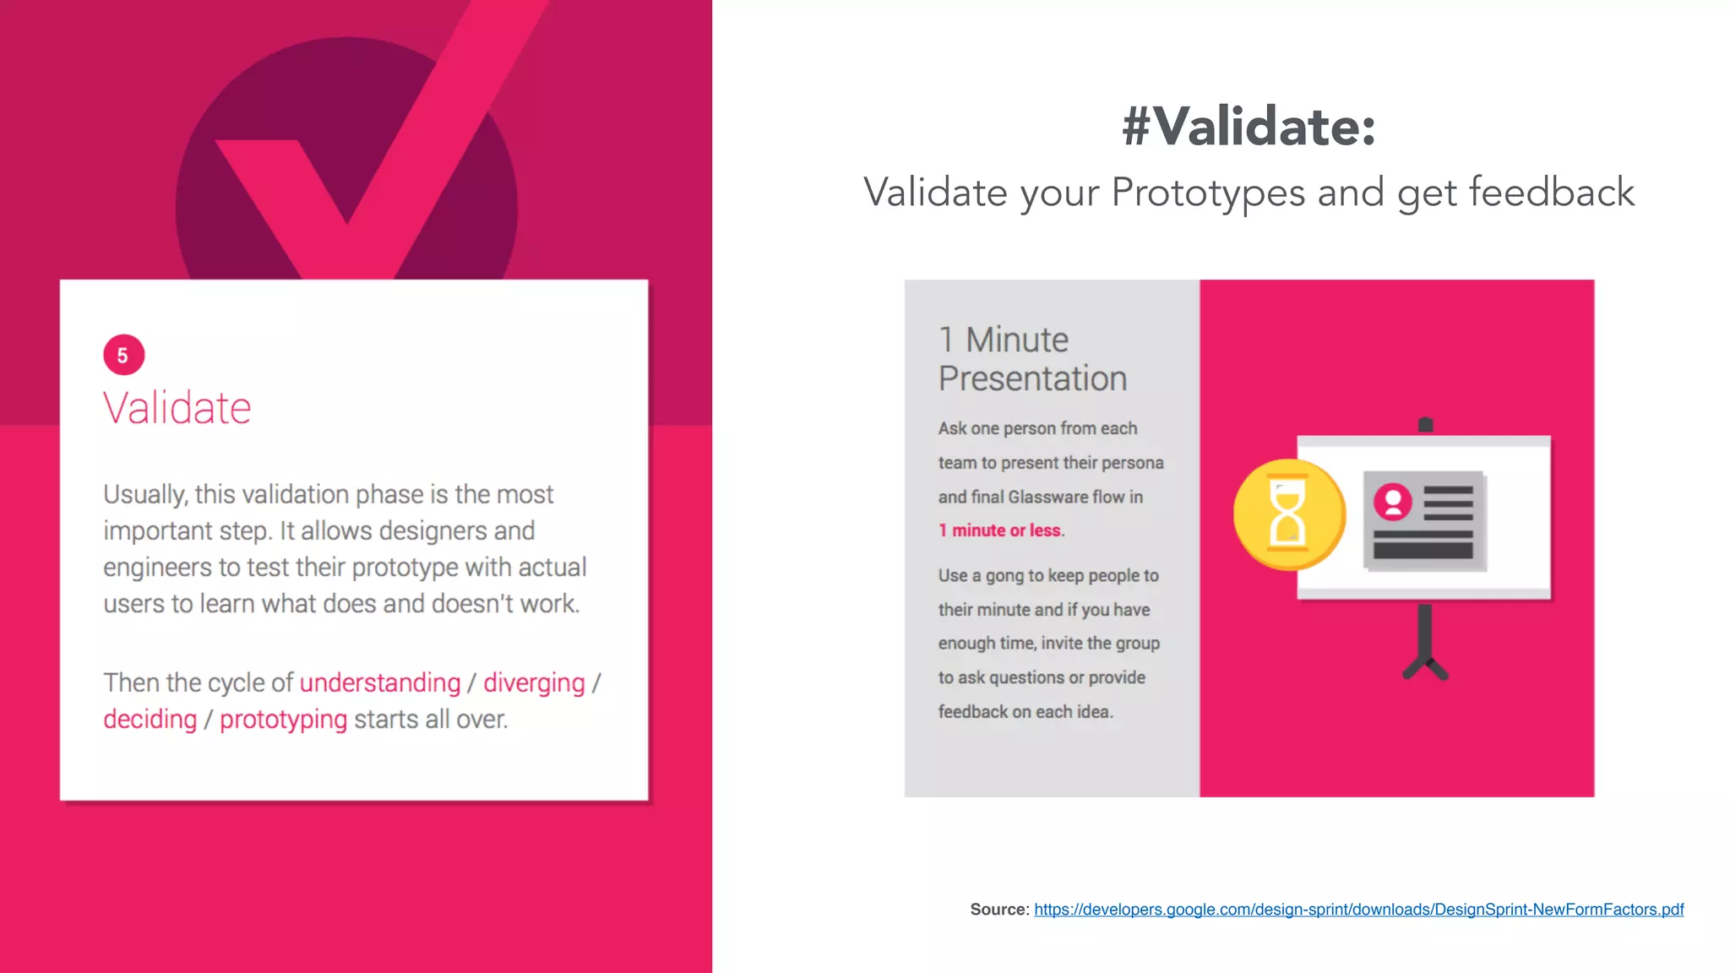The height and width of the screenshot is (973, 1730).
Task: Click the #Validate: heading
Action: click(x=1249, y=127)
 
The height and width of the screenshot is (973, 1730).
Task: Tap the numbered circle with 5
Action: click(x=123, y=355)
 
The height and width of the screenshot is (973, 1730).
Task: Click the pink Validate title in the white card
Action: click(x=177, y=408)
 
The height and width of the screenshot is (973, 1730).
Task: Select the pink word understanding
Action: click(x=380, y=682)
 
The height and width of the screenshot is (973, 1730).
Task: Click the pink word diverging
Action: click(x=534, y=682)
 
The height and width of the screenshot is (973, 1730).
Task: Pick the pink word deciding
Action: click(x=150, y=719)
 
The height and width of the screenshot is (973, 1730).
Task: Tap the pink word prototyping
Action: click(x=283, y=719)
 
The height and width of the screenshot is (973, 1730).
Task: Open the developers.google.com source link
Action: click(x=1358, y=910)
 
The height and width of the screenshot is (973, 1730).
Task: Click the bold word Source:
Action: click(x=999, y=910)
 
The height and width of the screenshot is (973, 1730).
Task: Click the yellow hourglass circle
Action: click(x=1288, y=514)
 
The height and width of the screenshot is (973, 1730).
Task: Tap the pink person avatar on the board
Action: click(x=1392, y=502)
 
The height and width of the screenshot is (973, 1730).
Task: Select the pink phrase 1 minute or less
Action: click(x=1001, y=530)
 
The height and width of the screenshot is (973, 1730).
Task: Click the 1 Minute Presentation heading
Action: click(x=1032, y=359)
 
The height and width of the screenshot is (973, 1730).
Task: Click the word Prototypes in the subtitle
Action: click(x=1208, y=193)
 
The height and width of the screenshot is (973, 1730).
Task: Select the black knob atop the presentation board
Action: click(x=1425, y=424)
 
